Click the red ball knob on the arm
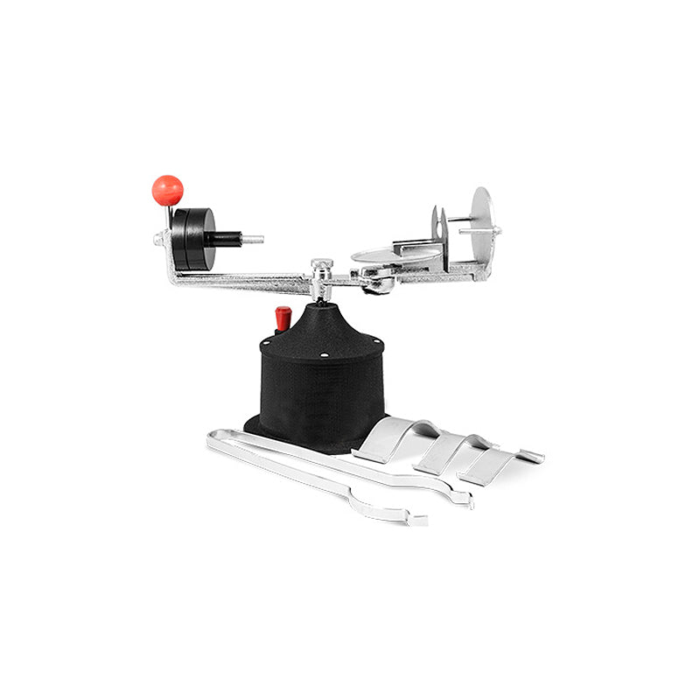point(167,190)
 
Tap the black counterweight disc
point(192,238)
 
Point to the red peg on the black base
point(283,318)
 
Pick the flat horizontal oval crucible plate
point(395,255)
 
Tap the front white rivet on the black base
point(323,355)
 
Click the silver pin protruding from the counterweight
point(253,238)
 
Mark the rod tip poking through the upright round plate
point(496,231)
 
